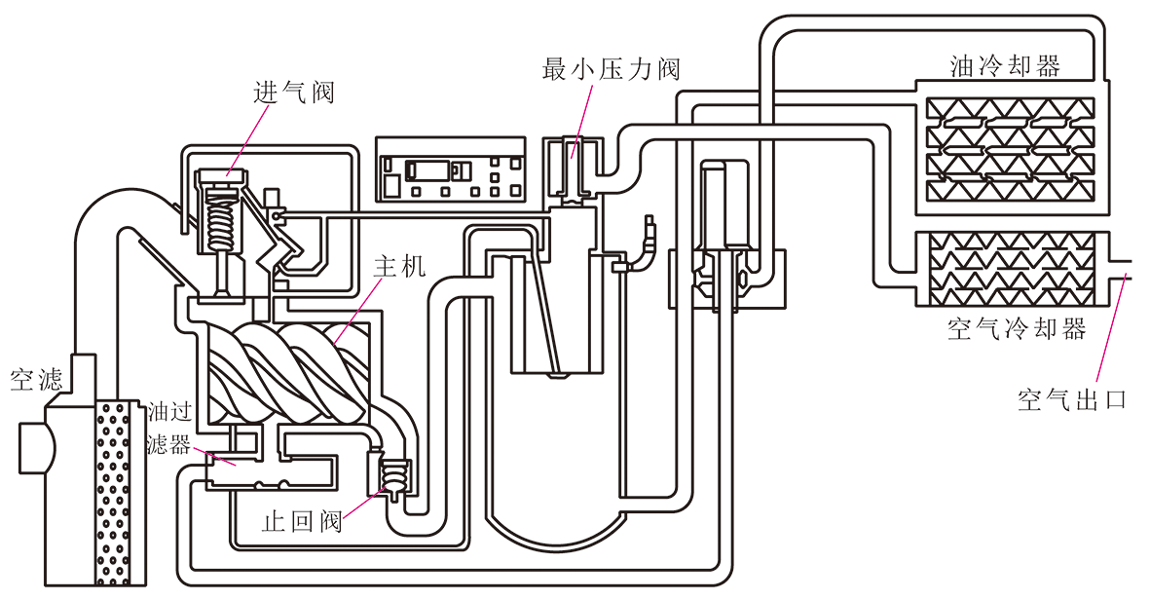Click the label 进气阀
293,93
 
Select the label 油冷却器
1005,66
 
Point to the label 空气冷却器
1017,328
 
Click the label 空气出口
1071,399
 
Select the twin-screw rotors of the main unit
287,373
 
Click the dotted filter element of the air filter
114,493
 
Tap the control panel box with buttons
450,169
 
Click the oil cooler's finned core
1010,150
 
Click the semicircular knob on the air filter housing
34,447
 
